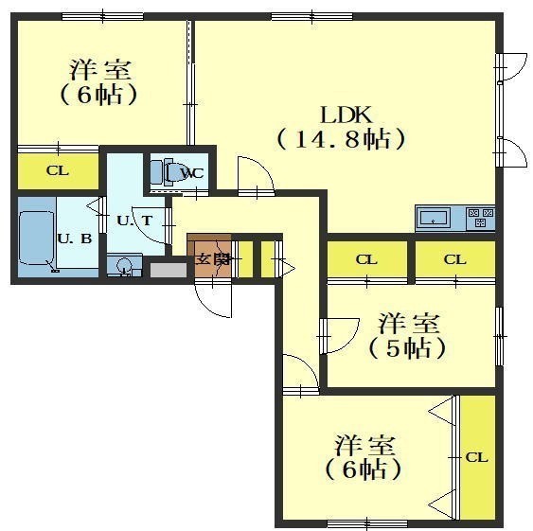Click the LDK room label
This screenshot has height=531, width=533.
click(346, 115)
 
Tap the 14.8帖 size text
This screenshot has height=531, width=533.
click(342, 139)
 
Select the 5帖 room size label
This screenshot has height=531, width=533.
click(407, 348)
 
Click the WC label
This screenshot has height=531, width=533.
click(192, 173)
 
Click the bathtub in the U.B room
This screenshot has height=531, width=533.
click(36, 238)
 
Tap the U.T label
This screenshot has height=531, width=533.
click(134, 221)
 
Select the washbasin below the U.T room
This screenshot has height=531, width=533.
click(124, 265)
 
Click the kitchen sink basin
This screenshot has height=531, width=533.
click(433, 218)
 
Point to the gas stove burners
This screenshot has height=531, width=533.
click(480, 218)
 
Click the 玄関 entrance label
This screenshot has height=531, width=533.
click(213, 259)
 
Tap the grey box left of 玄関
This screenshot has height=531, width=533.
click(169, 271)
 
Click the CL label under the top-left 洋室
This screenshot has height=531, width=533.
click(58, 170)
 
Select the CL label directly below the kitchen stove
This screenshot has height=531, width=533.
click(454, 260)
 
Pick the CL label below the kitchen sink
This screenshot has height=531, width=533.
click(366, 260)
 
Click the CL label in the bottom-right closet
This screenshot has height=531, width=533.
click(476, 457)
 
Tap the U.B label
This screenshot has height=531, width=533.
click(75, 239)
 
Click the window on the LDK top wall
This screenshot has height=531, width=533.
click(312, 16)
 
